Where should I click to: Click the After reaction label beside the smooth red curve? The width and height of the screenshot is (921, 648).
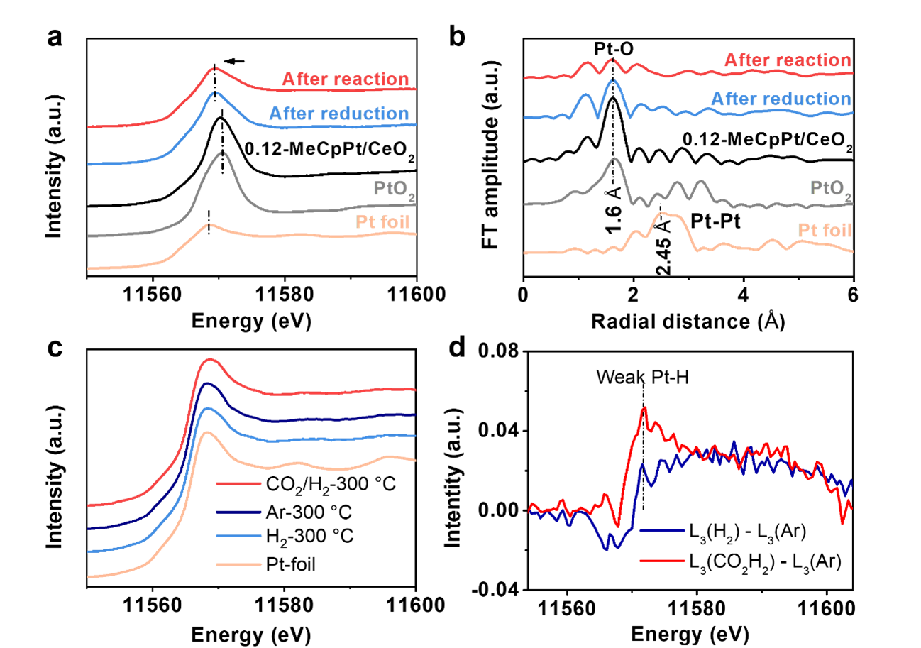click(x=345, y=79)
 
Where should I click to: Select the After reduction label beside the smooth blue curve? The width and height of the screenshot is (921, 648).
click(x=338, y=114)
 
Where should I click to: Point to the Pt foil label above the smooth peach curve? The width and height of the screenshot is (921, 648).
click(x=382, y=222)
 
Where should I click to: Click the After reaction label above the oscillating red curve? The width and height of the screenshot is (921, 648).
click(x=787, y=60)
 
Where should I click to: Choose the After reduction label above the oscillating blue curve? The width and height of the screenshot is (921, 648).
click(x=781, y=99)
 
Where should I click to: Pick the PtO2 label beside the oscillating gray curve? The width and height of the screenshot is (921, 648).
click(x=831, y=189)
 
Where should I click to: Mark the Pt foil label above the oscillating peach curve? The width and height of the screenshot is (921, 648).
click(x=825, y=231)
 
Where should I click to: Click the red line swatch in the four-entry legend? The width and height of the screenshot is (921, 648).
click(x=238, y=484)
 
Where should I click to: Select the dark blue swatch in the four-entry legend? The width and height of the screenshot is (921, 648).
click(x=238, y=511)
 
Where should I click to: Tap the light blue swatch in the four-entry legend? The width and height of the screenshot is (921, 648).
click(x=238, y=536)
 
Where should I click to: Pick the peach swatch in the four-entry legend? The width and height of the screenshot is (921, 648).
click(x=238, y=564)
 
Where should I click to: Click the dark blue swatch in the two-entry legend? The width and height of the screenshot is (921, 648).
click(x=661, y=529)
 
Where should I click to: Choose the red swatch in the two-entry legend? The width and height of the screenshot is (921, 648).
click(x=661, y=560)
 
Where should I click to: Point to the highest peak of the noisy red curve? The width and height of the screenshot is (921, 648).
click(x=644, y=408)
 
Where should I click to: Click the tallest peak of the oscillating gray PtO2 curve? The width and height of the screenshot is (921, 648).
click(x=614, y=158)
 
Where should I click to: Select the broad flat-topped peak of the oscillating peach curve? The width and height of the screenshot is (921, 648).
click(x=668, y=214)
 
